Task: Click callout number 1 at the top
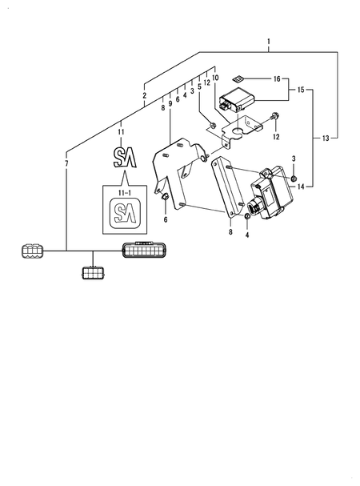[269, 40]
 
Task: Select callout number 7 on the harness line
[66, 163]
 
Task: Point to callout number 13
[326, 139]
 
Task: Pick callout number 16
[276, 79]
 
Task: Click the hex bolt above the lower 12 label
[274, 117]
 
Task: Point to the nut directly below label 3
[294, 176]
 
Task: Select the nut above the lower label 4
[248, 217]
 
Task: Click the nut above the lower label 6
[165, 198]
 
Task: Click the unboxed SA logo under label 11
[124, 156]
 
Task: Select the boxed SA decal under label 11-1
[123, 213]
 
